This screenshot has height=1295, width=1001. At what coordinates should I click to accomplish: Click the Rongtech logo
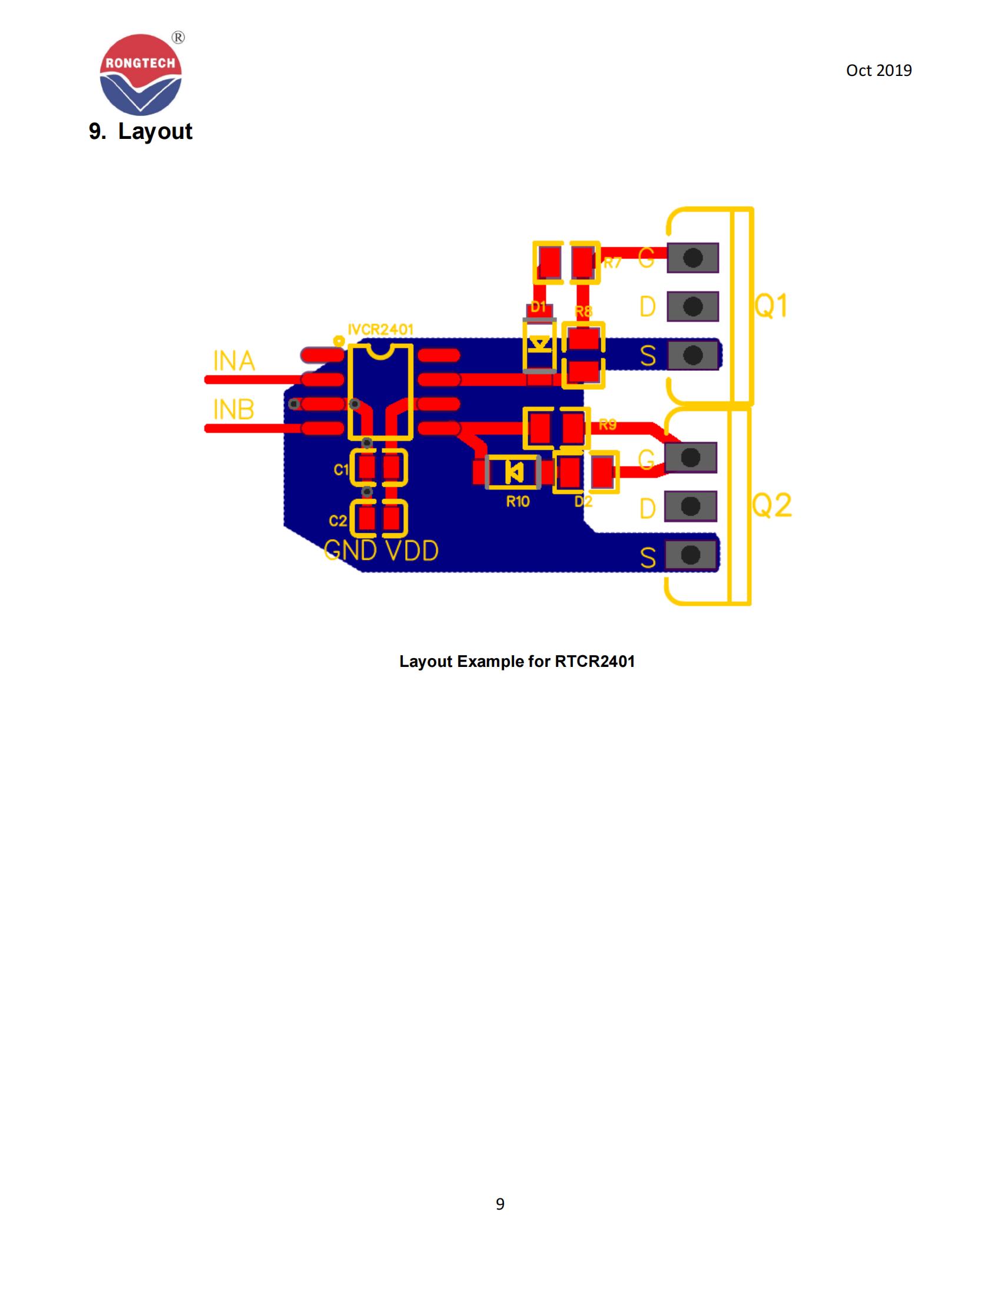coord(141,74)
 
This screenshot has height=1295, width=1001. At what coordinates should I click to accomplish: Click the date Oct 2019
coord(879,71)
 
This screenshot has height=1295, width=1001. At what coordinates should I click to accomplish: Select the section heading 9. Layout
coord(141,131)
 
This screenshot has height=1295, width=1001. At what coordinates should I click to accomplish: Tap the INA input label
coord(234,361)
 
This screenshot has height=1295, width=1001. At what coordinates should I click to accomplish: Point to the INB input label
coord(234,410)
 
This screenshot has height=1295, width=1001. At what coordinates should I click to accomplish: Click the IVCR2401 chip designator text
coord(380,330)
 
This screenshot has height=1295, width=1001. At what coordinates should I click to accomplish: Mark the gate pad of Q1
coord(692,258)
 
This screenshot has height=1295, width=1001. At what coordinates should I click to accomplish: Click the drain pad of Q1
coord(692,307)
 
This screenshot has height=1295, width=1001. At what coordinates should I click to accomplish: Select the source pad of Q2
coord(690,555)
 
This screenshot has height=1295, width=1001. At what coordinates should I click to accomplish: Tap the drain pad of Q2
coord(690,506)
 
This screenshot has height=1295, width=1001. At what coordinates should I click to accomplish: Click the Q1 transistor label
coord(771,306)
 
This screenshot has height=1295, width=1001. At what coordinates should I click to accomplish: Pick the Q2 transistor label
coord(771,505)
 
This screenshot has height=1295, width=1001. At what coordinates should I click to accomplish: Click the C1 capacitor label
coord(341,470)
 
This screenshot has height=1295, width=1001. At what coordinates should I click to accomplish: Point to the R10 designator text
coord(518,502)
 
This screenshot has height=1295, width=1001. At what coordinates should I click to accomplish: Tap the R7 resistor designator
coord(612,263)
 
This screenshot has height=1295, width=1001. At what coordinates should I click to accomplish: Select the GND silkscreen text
coord(350,551)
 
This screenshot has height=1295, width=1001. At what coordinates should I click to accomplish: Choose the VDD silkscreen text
coord(412,551)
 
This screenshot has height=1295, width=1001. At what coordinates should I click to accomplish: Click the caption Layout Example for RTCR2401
coord(516,662)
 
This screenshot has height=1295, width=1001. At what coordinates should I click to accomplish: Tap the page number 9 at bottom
coord(500,1204)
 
